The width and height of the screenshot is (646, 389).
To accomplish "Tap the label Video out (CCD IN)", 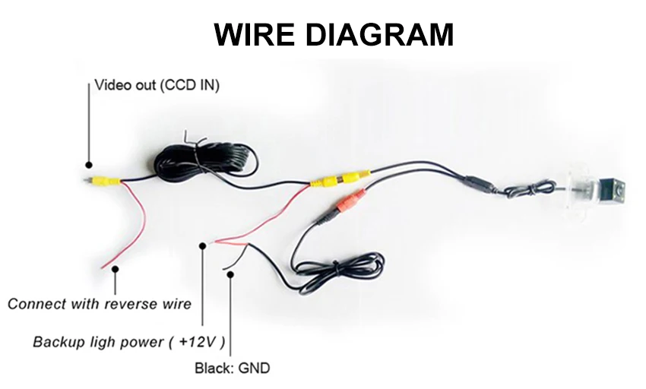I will coord(157,85).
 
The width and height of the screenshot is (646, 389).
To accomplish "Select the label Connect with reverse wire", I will coord(99,305).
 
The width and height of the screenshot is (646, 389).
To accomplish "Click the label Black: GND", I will coord(231,369).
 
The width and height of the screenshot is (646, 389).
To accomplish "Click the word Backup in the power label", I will coord(57,342).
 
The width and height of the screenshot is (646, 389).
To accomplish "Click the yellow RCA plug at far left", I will coord(106,182).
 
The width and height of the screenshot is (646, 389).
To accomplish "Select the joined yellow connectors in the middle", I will coord(339,179).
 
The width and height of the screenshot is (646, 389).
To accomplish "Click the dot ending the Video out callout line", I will coord(88,164).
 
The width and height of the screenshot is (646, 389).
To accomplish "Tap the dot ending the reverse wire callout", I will coord(115,267).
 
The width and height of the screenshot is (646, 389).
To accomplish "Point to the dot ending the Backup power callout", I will coord(202,245).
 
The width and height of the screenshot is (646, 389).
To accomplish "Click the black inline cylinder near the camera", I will coord(477,185).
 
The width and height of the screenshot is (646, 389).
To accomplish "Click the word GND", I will coord(254,369).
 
